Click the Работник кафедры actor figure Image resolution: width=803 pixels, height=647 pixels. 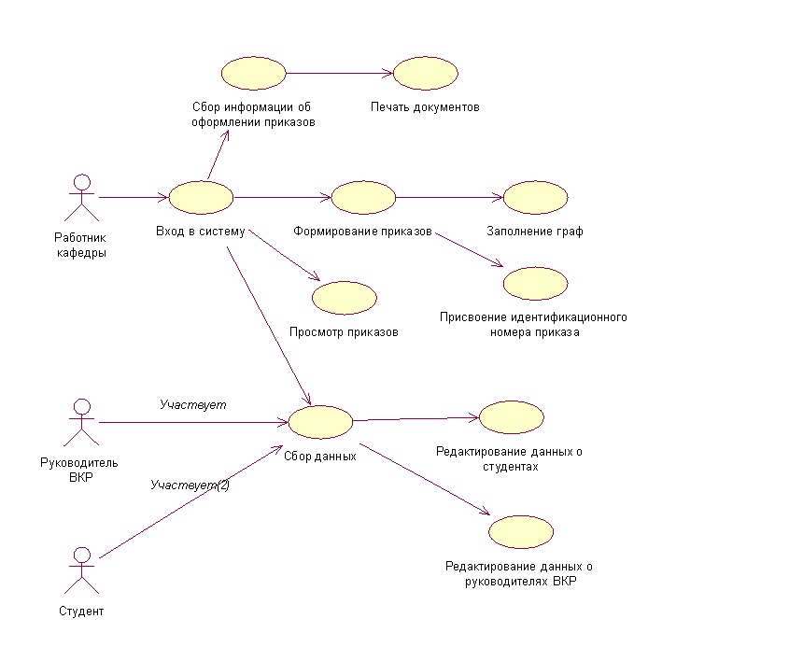(x=81, y=198)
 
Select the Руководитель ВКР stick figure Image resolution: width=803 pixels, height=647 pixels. (x=81, y=423)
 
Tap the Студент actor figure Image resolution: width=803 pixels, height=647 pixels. (x=81, y=570)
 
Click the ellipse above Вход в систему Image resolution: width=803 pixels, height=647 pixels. (x=202, y=198)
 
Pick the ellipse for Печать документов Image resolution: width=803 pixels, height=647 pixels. (x=426, y=74)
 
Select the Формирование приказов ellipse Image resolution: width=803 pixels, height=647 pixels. (x=363, y=198)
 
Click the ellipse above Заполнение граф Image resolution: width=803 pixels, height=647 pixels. (x=536, y=198)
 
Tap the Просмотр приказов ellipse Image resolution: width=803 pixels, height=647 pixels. (x=345, y=298)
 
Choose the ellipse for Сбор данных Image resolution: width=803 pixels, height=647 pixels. (x=320, y=422)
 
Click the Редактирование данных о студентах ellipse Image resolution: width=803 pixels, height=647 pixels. (x=512, y=417)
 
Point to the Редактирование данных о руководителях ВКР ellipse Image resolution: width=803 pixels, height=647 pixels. (x=521, y=532)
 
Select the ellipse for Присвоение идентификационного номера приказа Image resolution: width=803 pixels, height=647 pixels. (x=536, y=284)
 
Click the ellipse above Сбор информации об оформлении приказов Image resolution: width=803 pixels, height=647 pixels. (x=253, y=74)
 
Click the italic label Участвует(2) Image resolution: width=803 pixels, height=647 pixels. (x=190, y=485)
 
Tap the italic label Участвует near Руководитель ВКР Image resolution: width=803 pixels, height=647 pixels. (x=193, y=405)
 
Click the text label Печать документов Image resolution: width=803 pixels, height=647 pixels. (x=425, y=107)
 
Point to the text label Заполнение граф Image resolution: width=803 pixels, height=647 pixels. (x=535, y=232)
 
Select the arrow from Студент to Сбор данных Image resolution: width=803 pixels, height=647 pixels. (x=191, y=501)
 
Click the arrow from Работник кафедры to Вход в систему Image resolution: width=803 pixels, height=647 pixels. (x=134, y=197)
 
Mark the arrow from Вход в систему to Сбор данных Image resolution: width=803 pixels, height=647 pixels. (x=269, y=326)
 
